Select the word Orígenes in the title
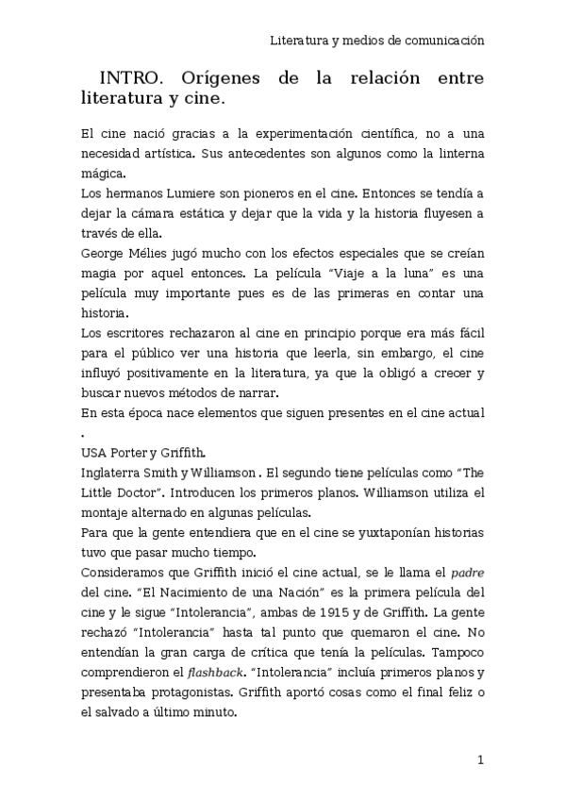point(218,77)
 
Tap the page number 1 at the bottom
point(480,759)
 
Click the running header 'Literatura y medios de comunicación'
point(376,41)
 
